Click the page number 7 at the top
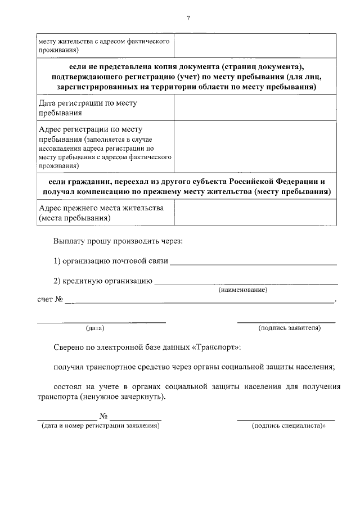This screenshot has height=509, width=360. [x=188, y=19]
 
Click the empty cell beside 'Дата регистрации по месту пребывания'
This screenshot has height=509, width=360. [x=255, y=107]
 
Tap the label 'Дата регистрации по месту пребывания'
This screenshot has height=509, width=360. [x=88, y=107]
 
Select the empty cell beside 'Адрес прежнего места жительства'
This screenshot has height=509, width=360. [x=255, y=213]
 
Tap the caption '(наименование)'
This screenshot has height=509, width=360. [x=242, y=290]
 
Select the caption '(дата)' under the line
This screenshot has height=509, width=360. [x=95, y=327]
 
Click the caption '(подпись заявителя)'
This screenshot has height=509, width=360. [x=289, y=327]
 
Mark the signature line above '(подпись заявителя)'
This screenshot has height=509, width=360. [x=286, y=322]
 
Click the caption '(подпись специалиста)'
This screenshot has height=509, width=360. [x=289, y=426]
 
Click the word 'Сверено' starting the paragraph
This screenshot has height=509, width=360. [x=68, y=348]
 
